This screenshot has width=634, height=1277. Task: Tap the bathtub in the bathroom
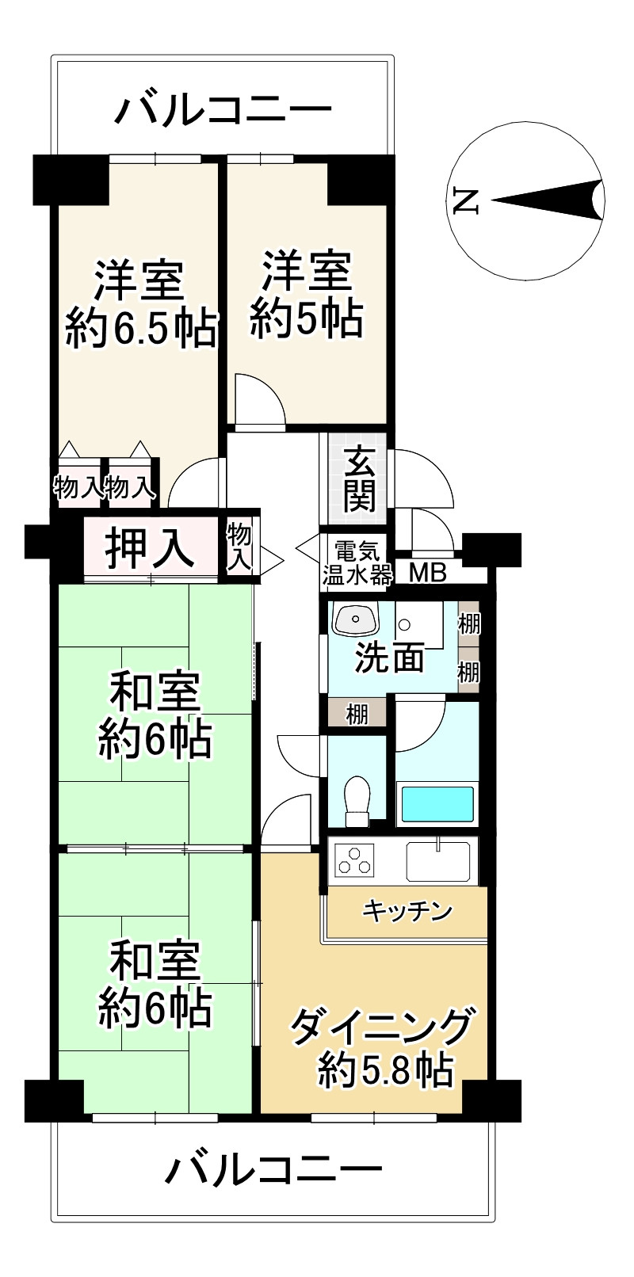[437, 802]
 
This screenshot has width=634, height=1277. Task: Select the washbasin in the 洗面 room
[354, 619]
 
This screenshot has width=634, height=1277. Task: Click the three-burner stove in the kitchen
[354, 860]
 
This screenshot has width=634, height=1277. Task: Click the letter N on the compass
[465, 201]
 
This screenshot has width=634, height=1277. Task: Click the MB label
[428, 572]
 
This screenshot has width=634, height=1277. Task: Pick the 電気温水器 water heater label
[357, 562]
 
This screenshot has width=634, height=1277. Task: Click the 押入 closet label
[151, 547]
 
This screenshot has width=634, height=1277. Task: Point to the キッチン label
[407, 911]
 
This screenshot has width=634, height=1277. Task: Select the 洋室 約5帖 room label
[307, 294]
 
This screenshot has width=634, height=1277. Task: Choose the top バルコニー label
[223, 109]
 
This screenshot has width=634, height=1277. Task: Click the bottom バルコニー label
[273, 1168]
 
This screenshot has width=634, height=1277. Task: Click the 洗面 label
[389, 658]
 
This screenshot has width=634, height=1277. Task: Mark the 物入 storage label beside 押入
[239, 547]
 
